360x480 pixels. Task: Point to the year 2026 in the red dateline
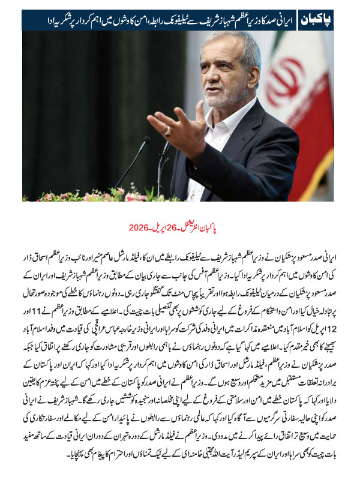(140, 228)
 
